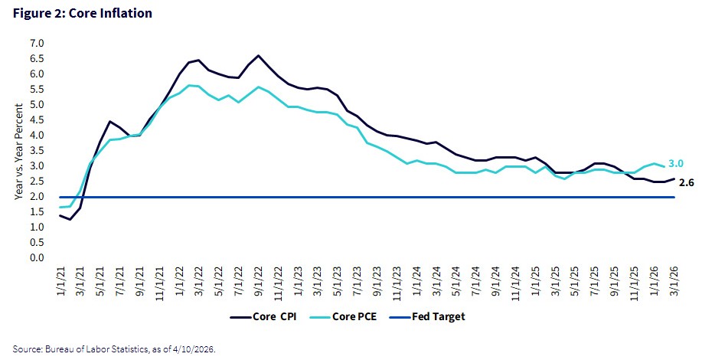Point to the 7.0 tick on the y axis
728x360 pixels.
click(x=37, y=44)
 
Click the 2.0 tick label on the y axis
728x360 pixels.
click(x=37, y=197)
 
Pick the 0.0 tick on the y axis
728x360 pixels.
click(x=37, y=258)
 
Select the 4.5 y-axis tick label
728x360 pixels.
click(x=37, y=120)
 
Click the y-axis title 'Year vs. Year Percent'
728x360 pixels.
click(x=18, y=151)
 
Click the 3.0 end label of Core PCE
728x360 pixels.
click(x=677, y=162)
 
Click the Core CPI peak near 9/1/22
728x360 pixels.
click(x=258, y=56)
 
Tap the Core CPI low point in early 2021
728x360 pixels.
click(x=70, y=220)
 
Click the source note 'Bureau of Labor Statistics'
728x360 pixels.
click(x=82, y=349)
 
